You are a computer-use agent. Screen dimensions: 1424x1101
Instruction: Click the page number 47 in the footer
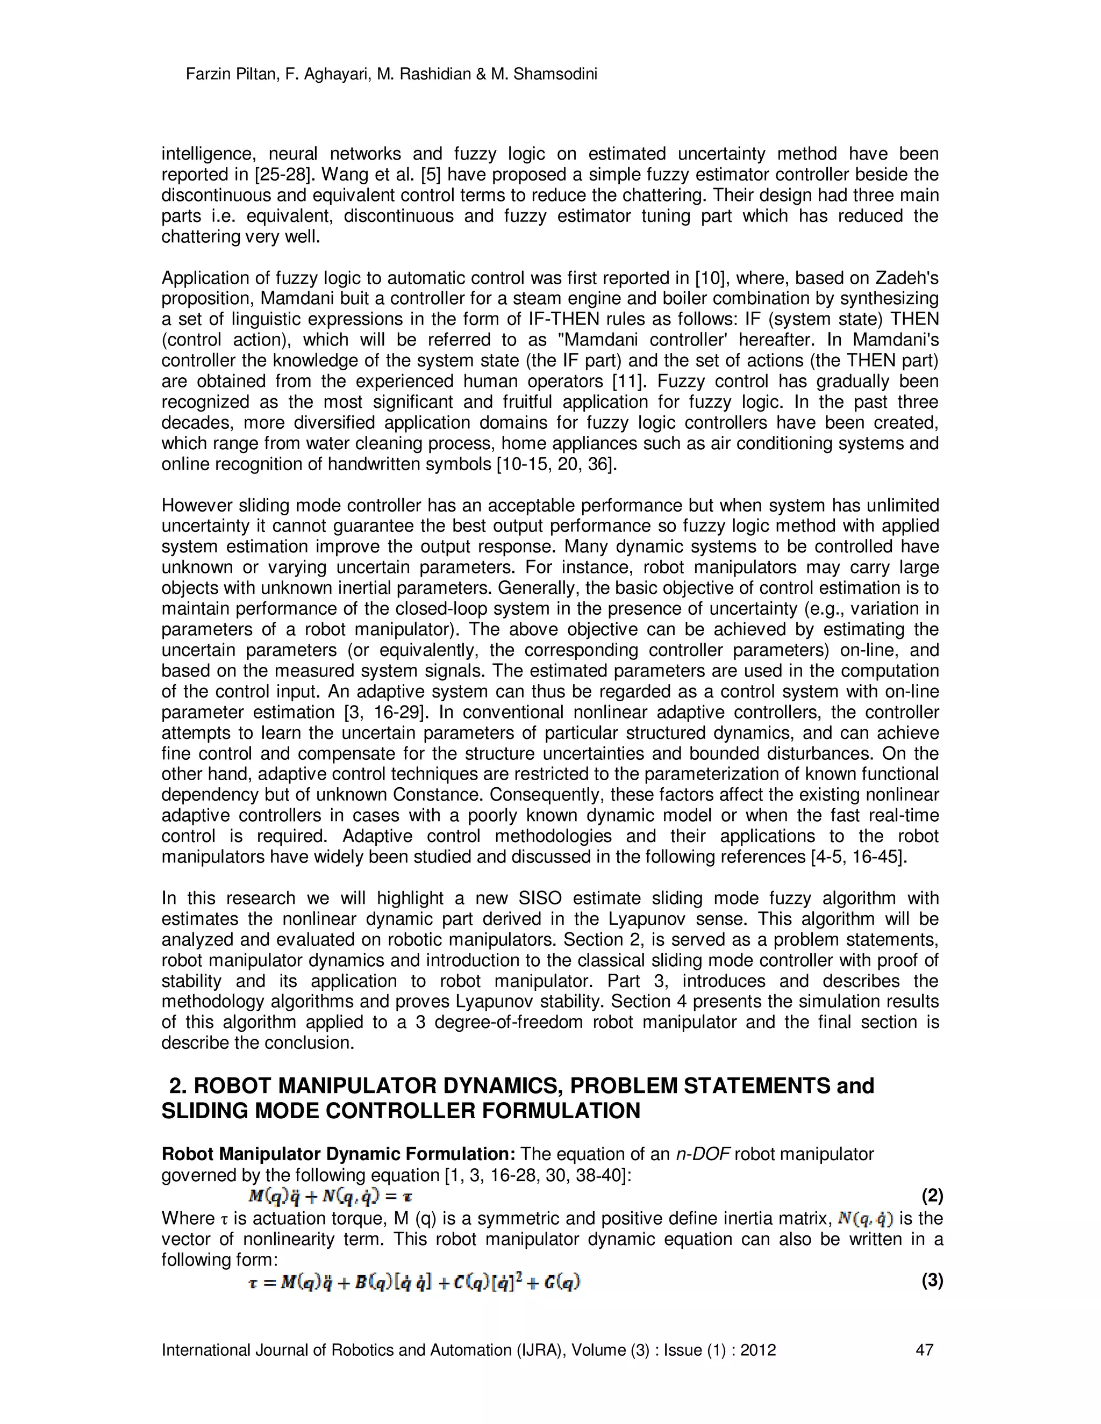(924, 1350)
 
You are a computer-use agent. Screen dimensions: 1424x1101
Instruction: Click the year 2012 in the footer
(758, 1350)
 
